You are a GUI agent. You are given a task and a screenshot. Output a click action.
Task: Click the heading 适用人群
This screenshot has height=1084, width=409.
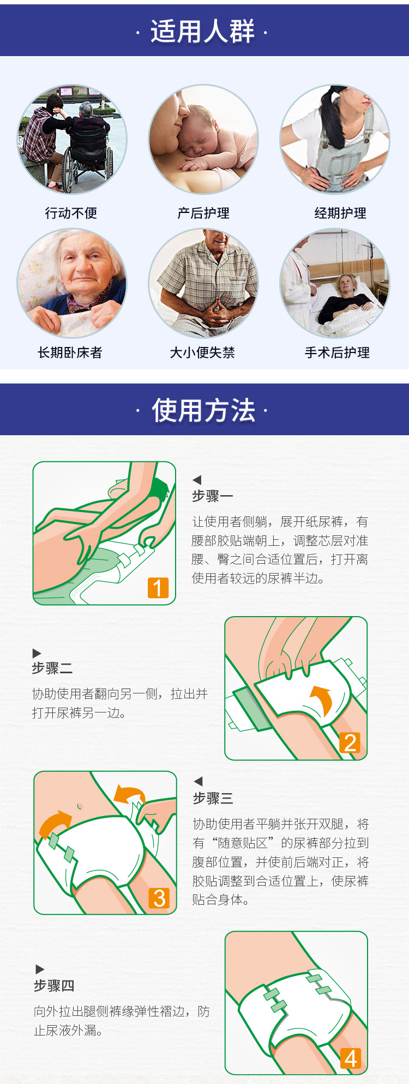[x=203, y=31]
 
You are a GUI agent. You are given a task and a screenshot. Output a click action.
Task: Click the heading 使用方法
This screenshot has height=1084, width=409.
[x=203, y=410]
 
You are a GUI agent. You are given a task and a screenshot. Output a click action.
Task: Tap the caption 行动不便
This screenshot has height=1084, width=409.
[x=71, y=213]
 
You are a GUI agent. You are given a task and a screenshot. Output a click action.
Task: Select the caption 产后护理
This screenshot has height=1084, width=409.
[x=203, y=213]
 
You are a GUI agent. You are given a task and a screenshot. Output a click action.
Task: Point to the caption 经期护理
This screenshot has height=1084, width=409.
[x=340, y=213]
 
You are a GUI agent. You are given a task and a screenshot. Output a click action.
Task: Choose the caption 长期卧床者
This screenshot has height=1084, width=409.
[x=70, y=352]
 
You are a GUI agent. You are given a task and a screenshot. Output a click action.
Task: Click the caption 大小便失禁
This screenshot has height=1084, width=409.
[x=202, y=352]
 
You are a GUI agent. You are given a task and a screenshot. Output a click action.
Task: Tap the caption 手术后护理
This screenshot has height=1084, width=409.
[x=337, y=352]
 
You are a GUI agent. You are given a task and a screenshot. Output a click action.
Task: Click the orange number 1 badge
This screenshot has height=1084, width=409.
[x=158, y=588]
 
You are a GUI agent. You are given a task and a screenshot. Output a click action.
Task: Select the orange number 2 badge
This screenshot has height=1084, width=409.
[x=350, y=742]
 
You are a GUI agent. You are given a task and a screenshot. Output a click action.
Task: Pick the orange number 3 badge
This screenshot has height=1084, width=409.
[x=159, y=898]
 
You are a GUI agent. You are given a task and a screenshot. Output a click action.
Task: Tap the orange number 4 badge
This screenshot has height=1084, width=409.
[x=351, y=1058]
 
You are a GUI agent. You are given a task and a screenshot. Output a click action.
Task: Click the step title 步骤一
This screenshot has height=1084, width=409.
[x=213, y=496]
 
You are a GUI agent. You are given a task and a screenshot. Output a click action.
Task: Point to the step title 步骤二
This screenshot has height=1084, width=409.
[x=52, y=668]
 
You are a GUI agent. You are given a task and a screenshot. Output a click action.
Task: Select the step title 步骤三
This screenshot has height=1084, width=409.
[x=213, y=798]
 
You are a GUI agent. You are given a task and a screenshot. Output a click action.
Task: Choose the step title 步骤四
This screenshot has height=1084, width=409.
[x=54, y=985]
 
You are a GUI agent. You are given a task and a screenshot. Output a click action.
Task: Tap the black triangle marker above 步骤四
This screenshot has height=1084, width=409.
[x=40, y=969]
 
